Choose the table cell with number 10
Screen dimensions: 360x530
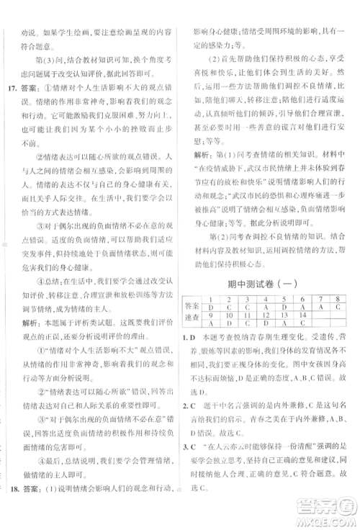pyautogui.click(x=230, y=315)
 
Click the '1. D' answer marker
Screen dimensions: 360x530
pyautogui.click(x=188, y=337)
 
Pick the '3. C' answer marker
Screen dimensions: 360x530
pyautogui.click(x=188, y=474)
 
